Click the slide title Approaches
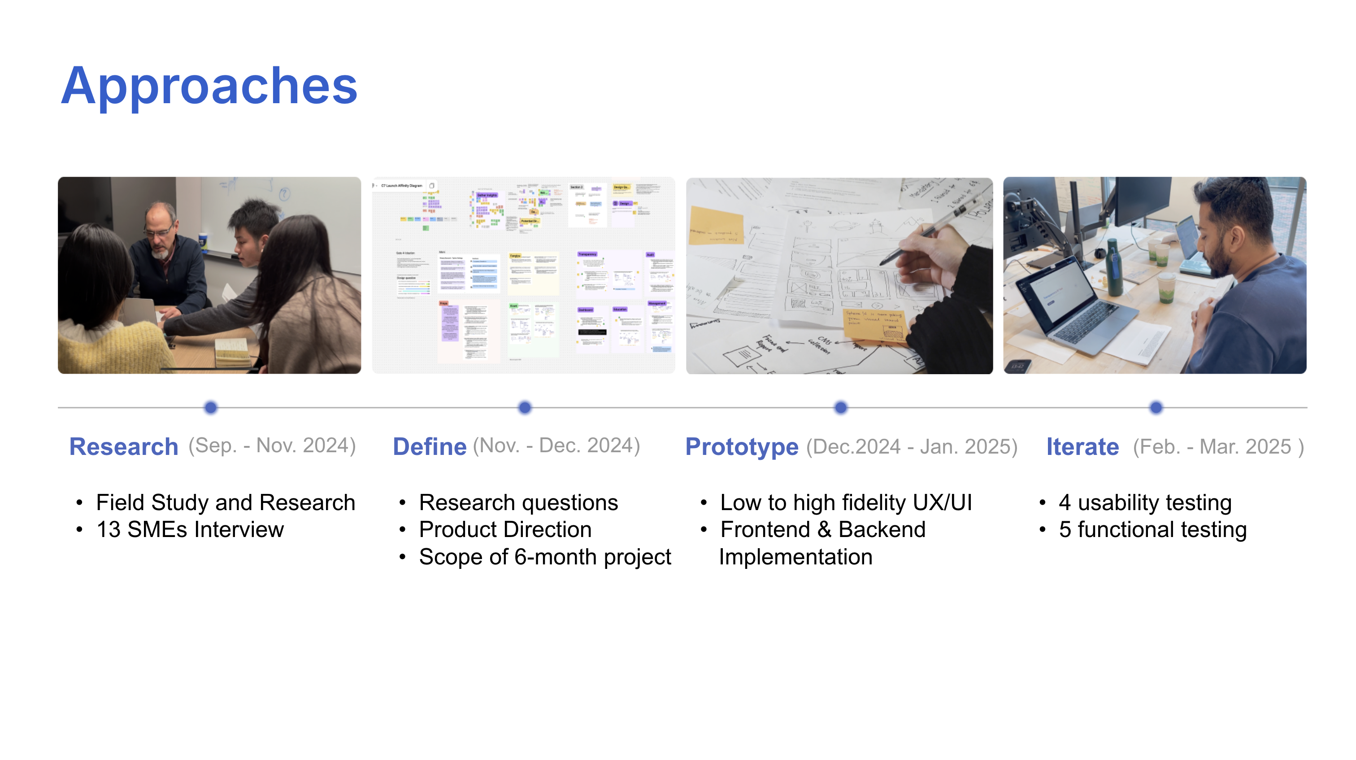[x=209, y=86]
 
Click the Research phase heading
[x=124, y=447]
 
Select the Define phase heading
[x=430, y=447]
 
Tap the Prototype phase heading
[x=741, y=447]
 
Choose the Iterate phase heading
[x=1082, y=447]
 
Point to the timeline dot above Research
[x=211, y=407]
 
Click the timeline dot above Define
[x=525, y=407]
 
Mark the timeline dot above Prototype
[x=841, y=407]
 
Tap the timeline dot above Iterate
[x=1156, y=407]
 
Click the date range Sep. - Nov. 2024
[x=272, y=446]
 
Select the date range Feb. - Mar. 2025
[x=1218, y=447]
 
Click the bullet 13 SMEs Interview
[x=190, y=529]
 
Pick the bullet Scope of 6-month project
[x=545, y=557]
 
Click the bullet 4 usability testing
[x=1145, y=502]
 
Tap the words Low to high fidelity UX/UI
[x=846, y=502]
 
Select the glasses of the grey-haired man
[x=158, y=232]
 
